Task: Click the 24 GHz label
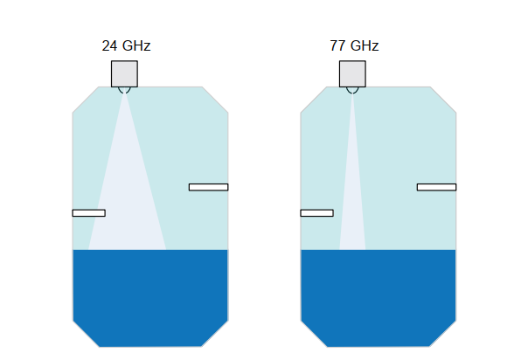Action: pos(126,45)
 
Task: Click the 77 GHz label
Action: pos(354,45)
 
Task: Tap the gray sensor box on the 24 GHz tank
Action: pos(124,73)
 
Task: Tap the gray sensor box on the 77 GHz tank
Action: pos(352,73)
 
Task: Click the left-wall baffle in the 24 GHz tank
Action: pos(89,213)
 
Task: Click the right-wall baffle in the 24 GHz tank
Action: pos(208,187)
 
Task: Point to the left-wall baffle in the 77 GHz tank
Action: pos(317,213)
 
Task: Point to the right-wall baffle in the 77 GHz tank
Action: pos(437,187)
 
